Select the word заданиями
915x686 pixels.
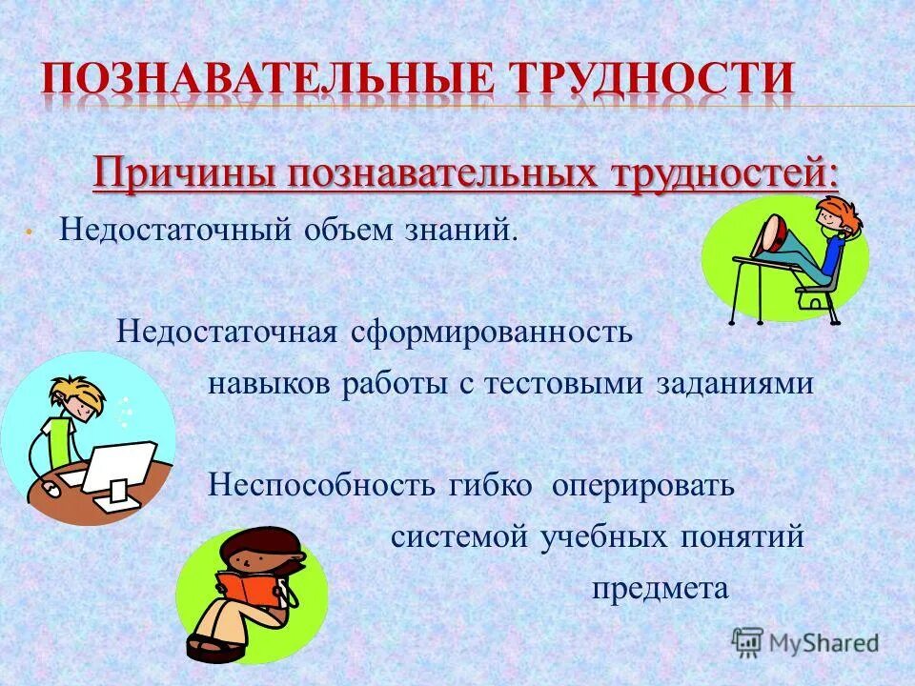[x=735, y=384]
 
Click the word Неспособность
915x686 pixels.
[x=324, y=486]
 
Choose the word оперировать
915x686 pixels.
[x=644, y=486]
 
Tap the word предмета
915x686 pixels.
[x=660, y=589]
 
